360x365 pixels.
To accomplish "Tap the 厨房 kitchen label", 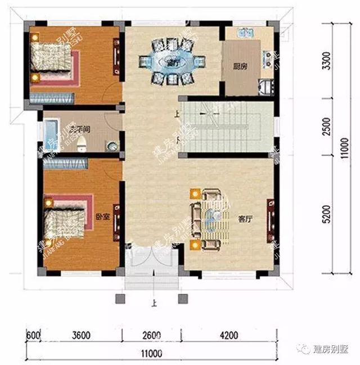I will point(240,66).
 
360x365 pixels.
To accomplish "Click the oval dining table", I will point(172,61).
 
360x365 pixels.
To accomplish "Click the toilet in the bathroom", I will point(83,144).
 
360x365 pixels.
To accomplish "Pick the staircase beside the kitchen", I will point(225,127).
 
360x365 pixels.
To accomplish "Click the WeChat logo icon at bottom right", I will point(304,349).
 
